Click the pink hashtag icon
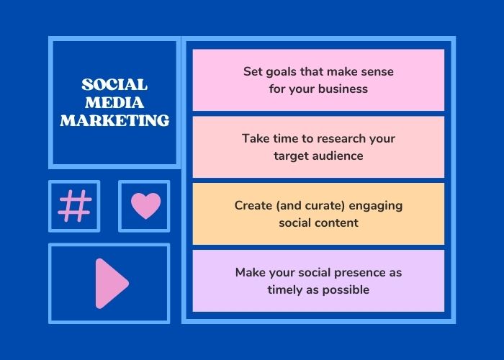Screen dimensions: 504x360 (x=75, y=206)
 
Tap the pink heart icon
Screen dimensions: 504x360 (x=145, y=206)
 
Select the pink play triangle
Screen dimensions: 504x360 (x=112, y=284)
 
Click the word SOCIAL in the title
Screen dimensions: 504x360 (x=114, y=85)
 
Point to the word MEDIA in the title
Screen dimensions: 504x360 (x=114, y=102)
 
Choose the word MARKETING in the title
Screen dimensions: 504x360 (x=114, y=120)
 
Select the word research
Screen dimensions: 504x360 (x=341, y=138)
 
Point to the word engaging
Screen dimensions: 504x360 (x=376, y=207)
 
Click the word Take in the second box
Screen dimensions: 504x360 (x=256, y=138)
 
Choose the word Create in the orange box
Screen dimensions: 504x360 (x=253, y=205)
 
